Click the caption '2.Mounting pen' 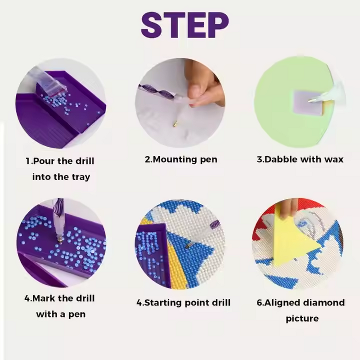point(181,159)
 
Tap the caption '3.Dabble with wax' point(300,159)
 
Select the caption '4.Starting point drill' point(184,302)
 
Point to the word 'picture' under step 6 point(302,319)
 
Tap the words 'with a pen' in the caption point(61,314)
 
